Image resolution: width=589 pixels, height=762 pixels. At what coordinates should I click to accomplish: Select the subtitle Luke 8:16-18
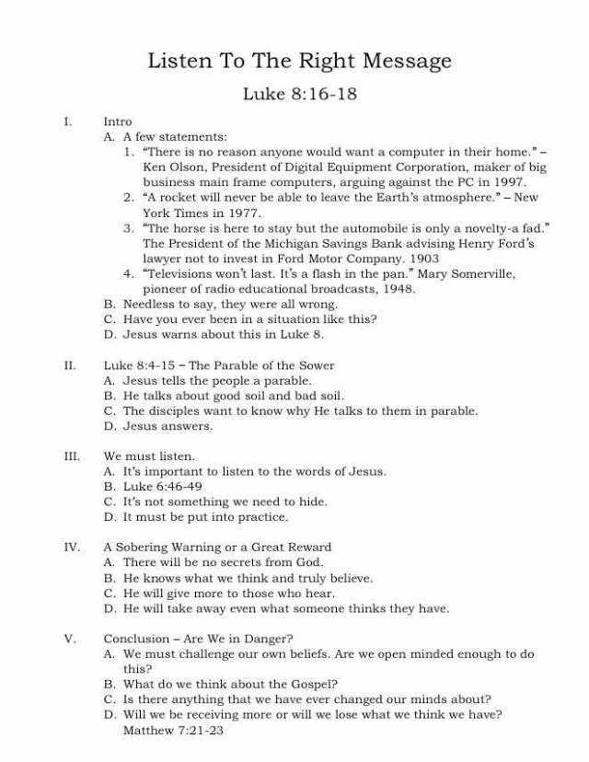(x=300, y=94)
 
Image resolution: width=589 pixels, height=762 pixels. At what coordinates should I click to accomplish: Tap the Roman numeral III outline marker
(x=71, y=456)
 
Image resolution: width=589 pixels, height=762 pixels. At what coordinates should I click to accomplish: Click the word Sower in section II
(x=316, y=365)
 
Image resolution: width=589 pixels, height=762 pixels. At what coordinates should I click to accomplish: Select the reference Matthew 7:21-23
(x=173, y=730)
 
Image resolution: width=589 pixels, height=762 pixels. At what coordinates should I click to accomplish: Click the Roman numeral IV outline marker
(x=71, y=547)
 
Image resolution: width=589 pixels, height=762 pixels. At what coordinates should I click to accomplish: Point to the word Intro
(x=118, y=121)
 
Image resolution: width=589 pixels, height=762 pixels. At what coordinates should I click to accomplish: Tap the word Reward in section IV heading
(x=309, y=547)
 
